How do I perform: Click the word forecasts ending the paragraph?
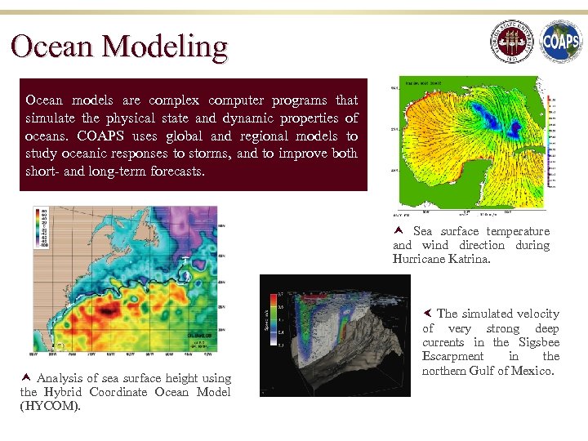click(179, 172)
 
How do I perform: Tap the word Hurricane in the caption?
click(419, 259)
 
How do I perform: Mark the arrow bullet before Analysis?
click(26, 378)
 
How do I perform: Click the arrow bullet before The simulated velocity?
click(427, 314)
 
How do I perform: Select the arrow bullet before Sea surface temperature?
click(399, 231)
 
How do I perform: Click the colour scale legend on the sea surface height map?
click(41, 226)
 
